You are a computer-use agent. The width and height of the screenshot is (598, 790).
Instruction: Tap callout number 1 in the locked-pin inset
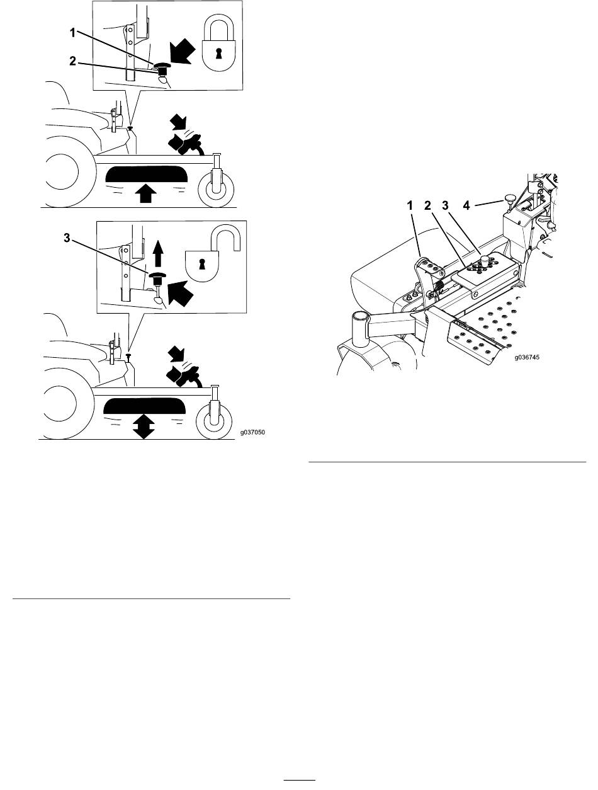tap(72, 33)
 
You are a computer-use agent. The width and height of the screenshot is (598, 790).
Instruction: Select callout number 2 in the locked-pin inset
tap(73, 61)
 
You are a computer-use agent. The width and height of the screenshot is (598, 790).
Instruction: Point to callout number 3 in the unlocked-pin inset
tap(67, 238)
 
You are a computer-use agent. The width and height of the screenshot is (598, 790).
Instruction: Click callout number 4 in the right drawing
tap(466, 205)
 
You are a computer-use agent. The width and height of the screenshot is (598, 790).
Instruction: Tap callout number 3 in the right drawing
tap(445, 205)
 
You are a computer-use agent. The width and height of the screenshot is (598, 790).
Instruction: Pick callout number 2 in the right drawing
tap(427, 205)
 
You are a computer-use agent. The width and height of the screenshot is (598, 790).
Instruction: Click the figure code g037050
tap(252, 432)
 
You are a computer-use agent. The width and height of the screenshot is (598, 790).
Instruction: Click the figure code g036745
tap(527, 357)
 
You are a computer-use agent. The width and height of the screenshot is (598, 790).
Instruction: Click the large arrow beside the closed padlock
tap(183, 51)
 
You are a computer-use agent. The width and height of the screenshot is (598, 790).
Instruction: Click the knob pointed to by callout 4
tap(509, 198)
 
